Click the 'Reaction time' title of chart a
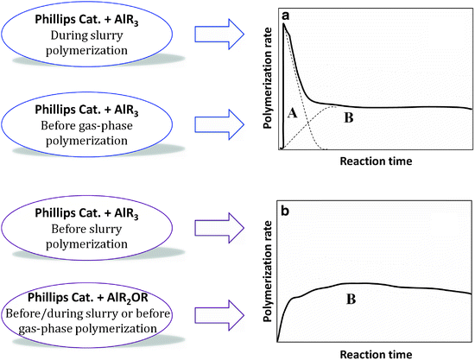pyautogui.click(x=376, y=161)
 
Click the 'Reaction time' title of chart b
pyautogui.click(x=376, y=354)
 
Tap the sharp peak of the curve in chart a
pyautogui.click(x=284, y=24)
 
